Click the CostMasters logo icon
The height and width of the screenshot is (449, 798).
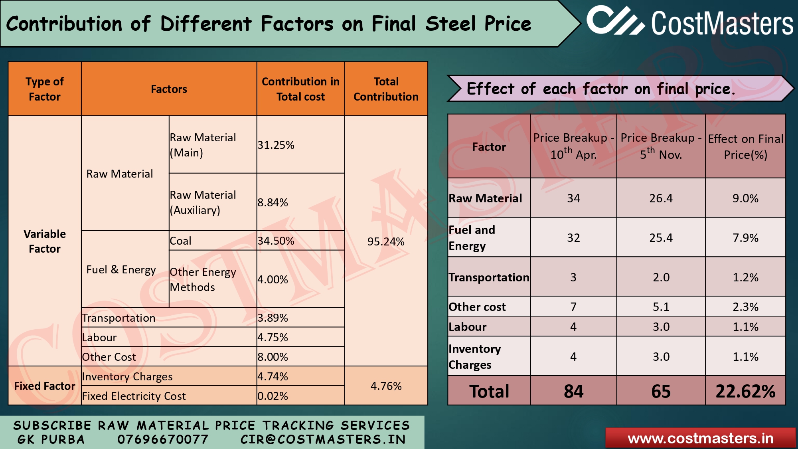tap(615, 21)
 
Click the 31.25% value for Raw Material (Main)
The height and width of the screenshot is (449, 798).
tap(276, 145)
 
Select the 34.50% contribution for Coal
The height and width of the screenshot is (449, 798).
tap(276, 241)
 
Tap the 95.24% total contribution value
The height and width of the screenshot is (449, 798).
tap(386, 241)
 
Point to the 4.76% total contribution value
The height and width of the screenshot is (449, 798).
tap(386, 386)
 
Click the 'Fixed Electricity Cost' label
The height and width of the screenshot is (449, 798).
tap(134, 396)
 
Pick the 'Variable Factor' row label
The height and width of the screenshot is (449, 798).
tap(45, 241)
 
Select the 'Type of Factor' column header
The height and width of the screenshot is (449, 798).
tap(45, 89)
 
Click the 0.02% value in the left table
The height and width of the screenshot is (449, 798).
tap(273, 396)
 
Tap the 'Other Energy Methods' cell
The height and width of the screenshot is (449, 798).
tap(203, 279)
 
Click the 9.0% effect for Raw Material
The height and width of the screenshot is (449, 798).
tap(745, 198)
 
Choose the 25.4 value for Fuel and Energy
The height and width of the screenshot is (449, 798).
tap(661, 238)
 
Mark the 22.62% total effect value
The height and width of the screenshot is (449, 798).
tap(745, 391)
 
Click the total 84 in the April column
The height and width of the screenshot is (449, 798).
tap(573, 391)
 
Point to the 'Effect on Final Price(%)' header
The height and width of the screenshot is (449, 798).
tap(745, 146)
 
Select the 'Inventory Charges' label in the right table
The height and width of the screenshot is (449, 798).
tap(474, 356)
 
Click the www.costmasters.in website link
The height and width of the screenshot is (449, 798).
tap(700, 438)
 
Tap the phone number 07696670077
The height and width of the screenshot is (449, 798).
tap(163, 439)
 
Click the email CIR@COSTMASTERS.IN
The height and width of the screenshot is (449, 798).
tap(323, 439)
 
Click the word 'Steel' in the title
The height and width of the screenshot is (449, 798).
tap(450, 24)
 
